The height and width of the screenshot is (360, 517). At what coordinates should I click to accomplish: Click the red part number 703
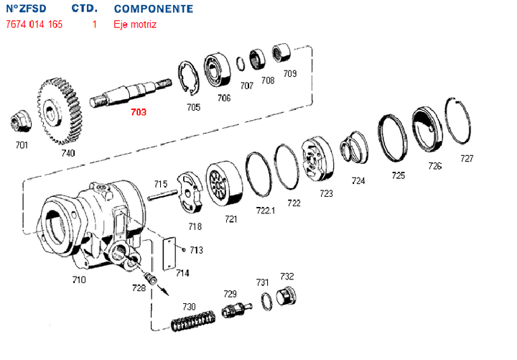(x=139, y=112)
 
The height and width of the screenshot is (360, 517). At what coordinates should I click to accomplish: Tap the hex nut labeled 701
(x=19, y=123)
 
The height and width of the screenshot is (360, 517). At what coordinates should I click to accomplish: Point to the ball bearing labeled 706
(x=219, y=70)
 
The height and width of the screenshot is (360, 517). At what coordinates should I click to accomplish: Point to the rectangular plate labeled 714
(x=172, y=253)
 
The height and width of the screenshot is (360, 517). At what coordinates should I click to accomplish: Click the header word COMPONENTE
(x=154, y=9)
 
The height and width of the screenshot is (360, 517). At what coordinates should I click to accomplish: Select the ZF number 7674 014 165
(x=34, y=24)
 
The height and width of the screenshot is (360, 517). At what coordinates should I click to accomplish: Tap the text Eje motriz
(x=134, y=24)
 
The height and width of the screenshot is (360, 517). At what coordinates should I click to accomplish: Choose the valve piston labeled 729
(x=234, y=312)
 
